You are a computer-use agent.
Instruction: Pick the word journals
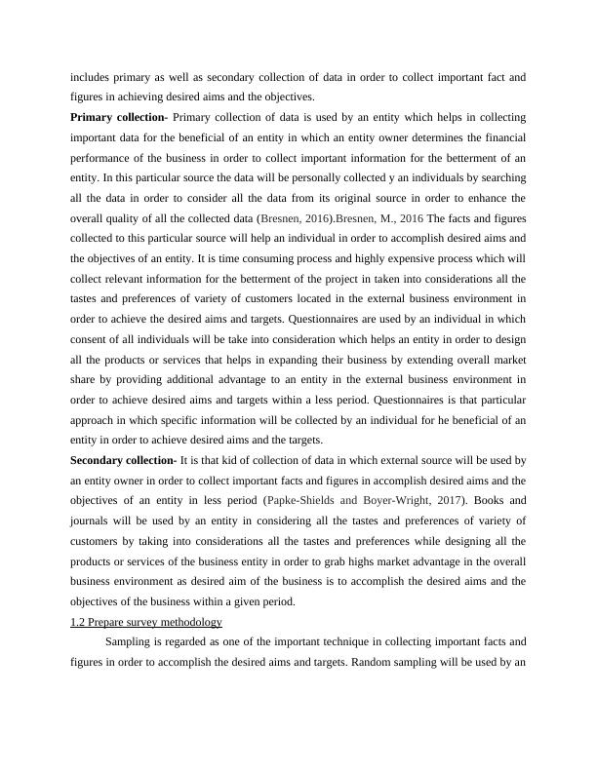93,520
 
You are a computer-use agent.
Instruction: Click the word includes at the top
92,77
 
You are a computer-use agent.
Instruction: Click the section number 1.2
78,621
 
